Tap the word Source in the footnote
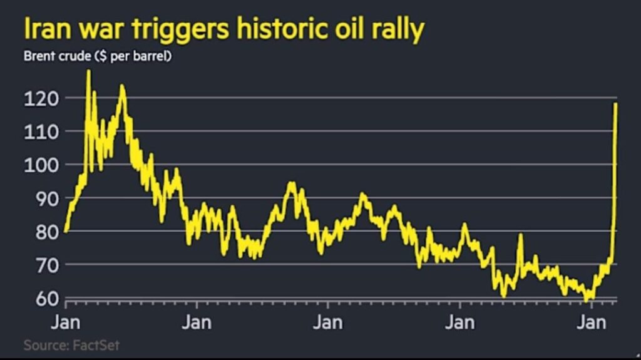point(47,345)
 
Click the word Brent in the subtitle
point(39,56)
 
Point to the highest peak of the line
point(88,71)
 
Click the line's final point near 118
point(616,104)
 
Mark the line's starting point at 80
point(66,232)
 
